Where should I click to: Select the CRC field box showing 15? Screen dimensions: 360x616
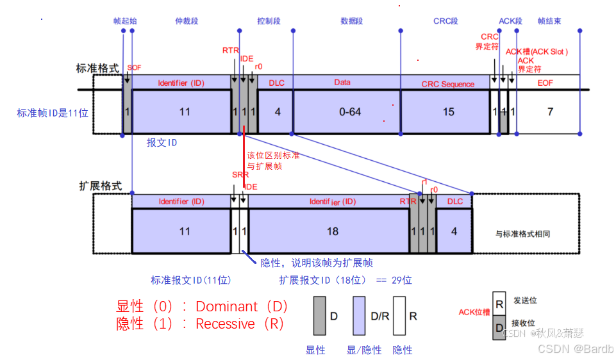pyautogui.click(x=448, y=112)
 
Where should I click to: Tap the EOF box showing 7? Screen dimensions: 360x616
pyautogui.click(x=549, y=112)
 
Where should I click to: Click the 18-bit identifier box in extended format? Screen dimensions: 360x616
pyautogui.click(x=332, y=231)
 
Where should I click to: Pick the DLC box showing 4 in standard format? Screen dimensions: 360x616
pyautogui.click(x=278, y=112)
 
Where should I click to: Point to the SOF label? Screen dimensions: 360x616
pyautogui.click(x=134, y=67)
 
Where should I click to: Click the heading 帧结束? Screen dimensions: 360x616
pyautogui.click(x=549, y=21)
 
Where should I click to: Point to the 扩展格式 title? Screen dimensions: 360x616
pyautogui.click(x=100, y=186)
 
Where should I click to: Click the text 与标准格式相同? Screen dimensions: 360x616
pyautogui.click(x=523, y=234)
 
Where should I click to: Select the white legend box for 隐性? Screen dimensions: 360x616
pyautogui.click(x=400, y=316)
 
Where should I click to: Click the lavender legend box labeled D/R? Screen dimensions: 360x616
pyautogui.click(x=359, y=316)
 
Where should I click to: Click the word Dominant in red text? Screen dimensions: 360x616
pyautogui.click(x=226, y=306)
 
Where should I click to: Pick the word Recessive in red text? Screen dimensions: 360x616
pyautogui.click(x=225, y=324)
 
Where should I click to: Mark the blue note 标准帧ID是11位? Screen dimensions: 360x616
pyautogui.click(x=53, y=113)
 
